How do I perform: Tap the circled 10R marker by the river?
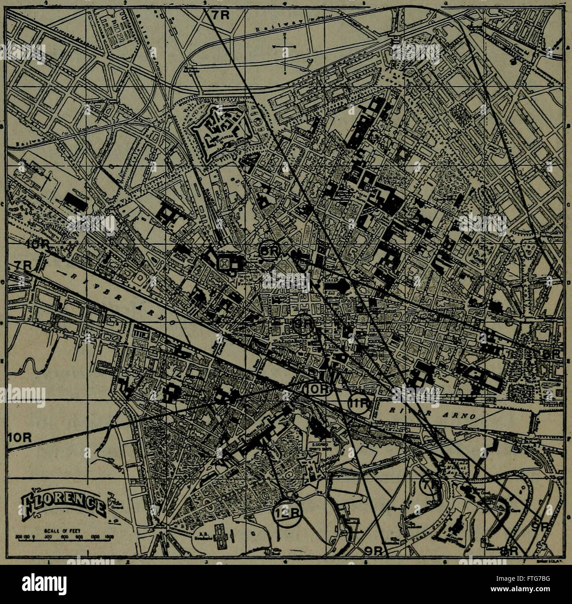(316, 389)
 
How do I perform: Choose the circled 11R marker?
(359, 403)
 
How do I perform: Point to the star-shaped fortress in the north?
(221, 128)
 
